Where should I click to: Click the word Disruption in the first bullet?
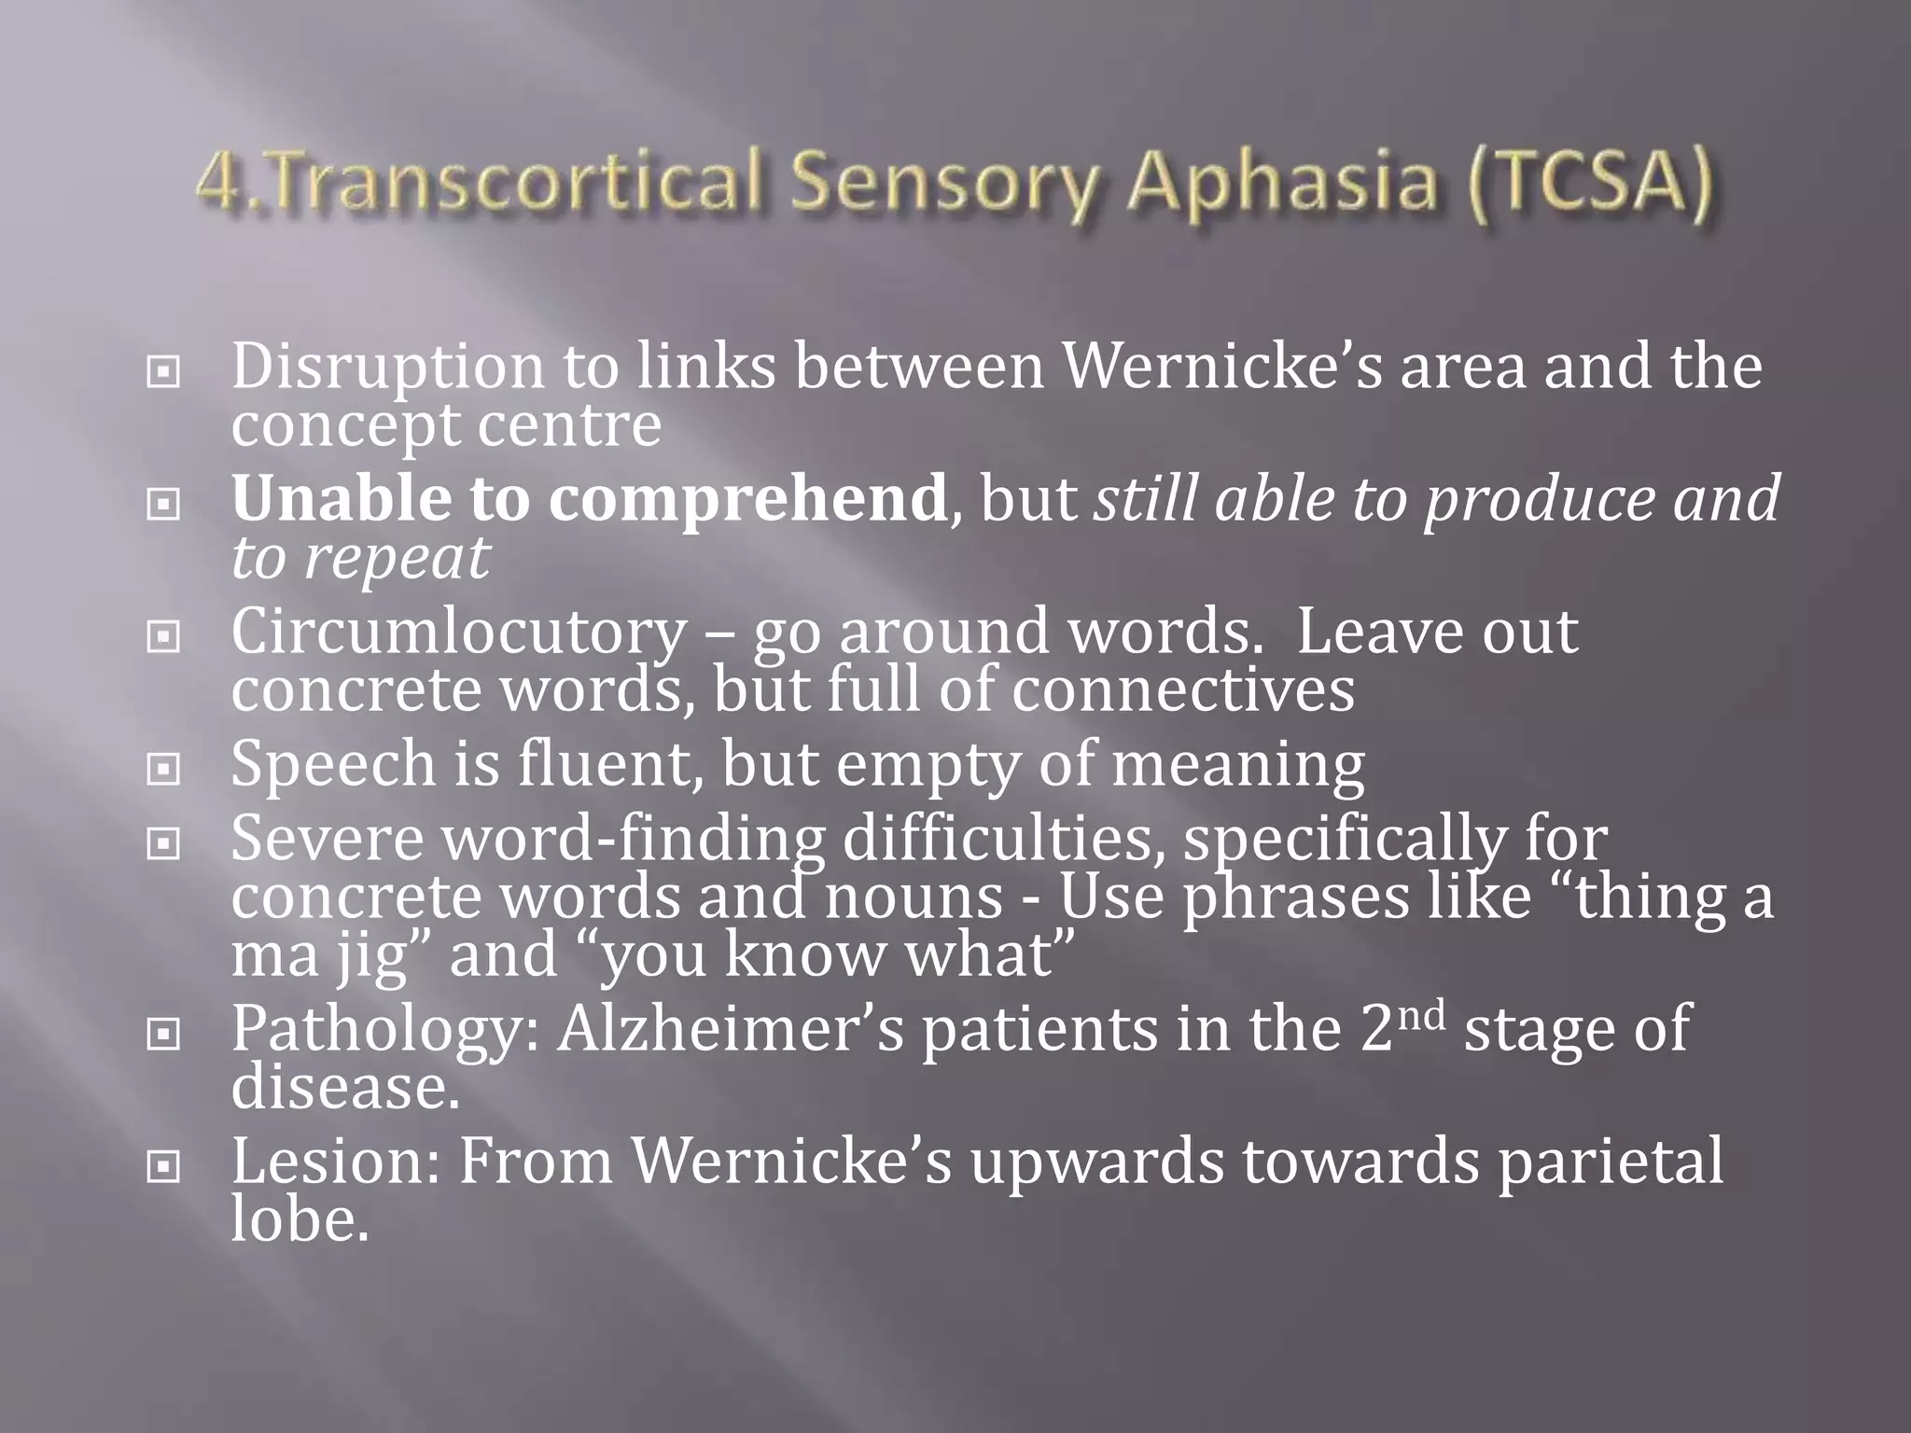(386, 368)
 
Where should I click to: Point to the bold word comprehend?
(747, 500)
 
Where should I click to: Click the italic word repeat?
(397, 558)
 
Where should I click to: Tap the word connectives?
(1183, 690)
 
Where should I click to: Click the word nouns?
(914, 897)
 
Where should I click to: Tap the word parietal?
(1611, 1162)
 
